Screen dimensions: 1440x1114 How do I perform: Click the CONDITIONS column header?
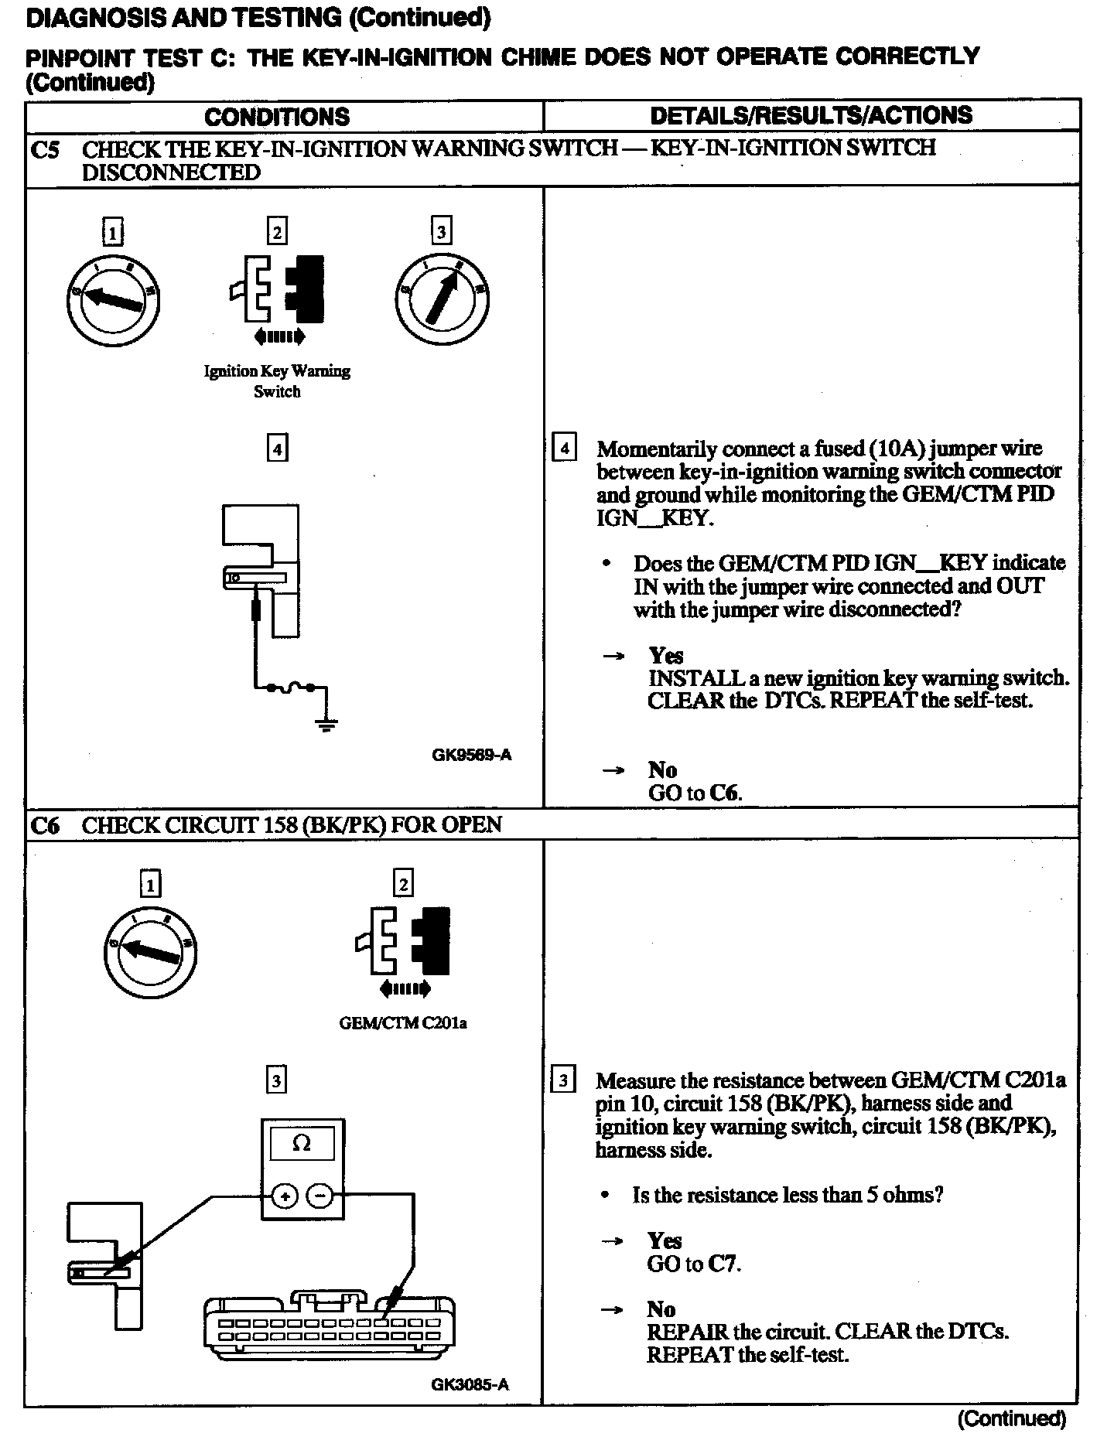(277, 117)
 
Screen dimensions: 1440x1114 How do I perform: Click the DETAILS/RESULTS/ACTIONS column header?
(811, 115)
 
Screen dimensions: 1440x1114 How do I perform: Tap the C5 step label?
(45, 149)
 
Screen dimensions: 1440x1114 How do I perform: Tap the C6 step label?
(45, 826)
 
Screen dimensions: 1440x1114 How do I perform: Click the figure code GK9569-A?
(471, 754)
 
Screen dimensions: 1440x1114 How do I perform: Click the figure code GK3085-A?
(470, 1384)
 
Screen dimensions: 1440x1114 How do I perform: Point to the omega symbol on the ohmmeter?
(302, 1143)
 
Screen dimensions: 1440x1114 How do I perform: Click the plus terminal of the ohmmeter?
(285, 1196)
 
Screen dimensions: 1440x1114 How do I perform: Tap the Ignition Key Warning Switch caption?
(277, 381)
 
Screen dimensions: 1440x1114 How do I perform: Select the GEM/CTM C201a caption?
(403, 1023)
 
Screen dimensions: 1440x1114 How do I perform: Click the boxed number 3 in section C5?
(441, 231)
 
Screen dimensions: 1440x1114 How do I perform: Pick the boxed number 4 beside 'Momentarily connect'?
(565, 449)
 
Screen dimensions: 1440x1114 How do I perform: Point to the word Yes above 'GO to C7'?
(665, 1241)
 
